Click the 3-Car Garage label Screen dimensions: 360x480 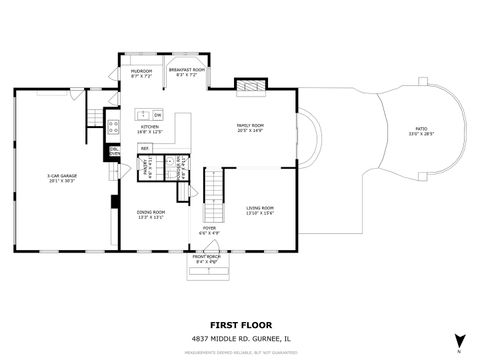(62, 179)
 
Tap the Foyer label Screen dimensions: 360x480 (209, 230)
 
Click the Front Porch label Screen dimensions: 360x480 (207, 259)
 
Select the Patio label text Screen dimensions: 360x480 (421, 131)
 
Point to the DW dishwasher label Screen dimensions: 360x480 (158, 116)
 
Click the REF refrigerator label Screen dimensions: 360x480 (145, 149)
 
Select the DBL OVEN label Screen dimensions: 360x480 (114, 152)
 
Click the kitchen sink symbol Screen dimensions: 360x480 (144, 115)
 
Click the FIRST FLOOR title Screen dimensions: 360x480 (239, 325)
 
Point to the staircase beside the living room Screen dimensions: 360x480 (212, 195)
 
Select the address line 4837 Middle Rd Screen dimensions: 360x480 (239, 338)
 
